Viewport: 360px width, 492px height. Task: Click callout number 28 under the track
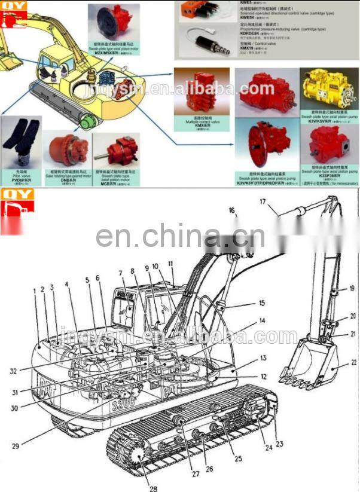coord(153,488)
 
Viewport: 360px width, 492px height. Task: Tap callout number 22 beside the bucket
coord(354,362)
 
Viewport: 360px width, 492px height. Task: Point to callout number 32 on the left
coord(13,371)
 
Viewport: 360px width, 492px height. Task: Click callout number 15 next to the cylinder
coord(261,304)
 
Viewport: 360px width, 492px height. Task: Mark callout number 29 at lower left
coord(15,446)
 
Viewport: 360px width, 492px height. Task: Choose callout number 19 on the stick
coord(352,288)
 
